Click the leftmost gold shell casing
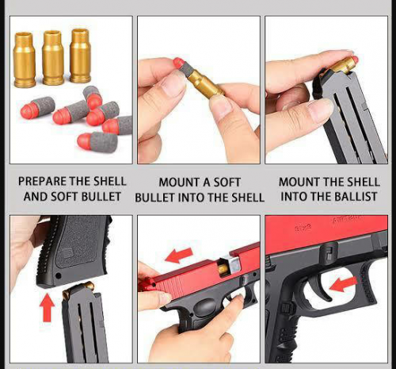point(24,60)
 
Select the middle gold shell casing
point(53,58)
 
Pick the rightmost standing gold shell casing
point(81,56)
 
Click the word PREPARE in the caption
point(42,182)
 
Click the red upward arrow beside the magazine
point(47,308)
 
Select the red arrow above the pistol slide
point(179,255)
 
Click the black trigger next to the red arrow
point(320,288)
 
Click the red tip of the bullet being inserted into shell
point(178,63)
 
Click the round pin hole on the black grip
point(58,276)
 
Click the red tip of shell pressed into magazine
point(355,60)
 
